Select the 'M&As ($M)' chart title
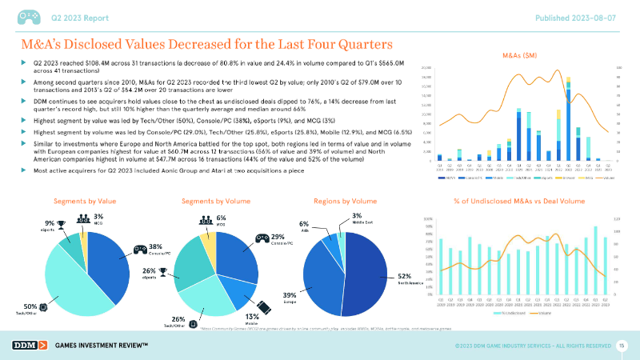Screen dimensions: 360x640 pos(518,57)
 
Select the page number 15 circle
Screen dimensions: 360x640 pos(622,345)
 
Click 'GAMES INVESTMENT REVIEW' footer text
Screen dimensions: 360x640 pos(101,345)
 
